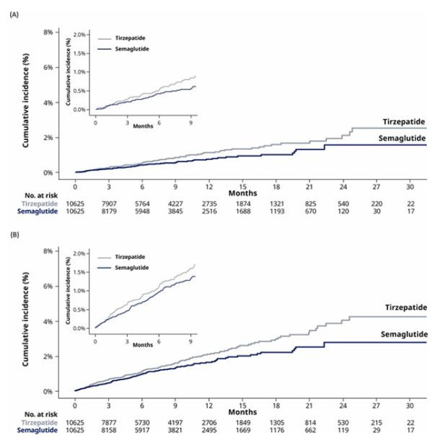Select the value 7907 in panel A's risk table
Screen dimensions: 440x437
109,201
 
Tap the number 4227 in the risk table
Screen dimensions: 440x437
175,201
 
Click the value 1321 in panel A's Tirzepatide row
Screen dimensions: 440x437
276,201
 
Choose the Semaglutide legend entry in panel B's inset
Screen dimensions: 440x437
130,267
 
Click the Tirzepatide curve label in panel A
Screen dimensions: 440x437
404,122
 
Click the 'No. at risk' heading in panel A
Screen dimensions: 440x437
46,194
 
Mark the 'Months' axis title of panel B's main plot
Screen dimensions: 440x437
242,412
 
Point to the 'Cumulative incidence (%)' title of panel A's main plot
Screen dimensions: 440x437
26,102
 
